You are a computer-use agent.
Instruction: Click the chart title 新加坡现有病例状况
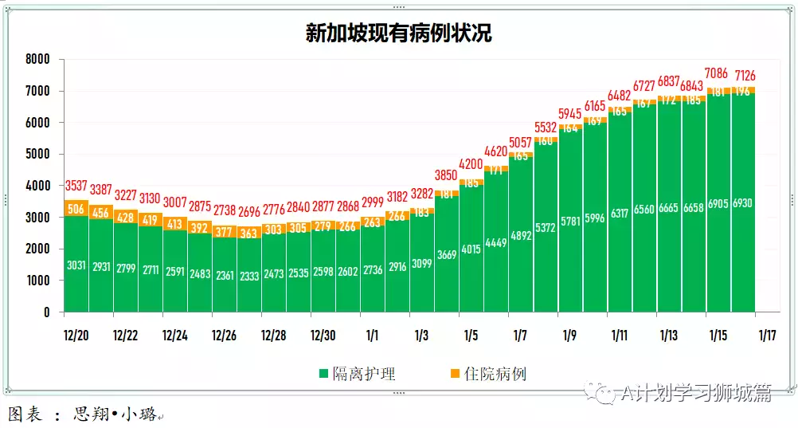[398, 33]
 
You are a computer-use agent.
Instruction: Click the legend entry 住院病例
[495, 374]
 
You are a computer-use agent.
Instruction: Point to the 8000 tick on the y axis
[37, 59]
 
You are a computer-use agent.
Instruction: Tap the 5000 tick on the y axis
[37, 154]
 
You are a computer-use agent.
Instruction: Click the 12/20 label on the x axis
[76, 336]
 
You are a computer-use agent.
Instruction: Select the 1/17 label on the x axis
[767, 336]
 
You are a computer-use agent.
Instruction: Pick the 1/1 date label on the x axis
[372, 336]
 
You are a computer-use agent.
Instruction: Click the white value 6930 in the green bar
[742, 203]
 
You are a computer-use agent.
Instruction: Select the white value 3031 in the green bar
[76, 265]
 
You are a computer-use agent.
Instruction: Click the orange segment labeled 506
[76, 209]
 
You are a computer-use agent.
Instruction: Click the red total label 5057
[520, 143]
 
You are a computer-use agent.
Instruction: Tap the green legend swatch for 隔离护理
[323, 374]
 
